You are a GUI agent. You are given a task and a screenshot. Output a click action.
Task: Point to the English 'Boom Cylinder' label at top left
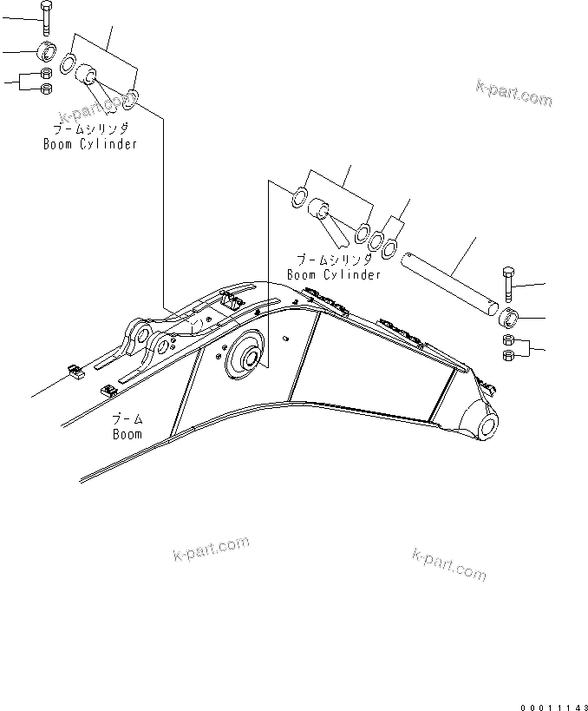pyautogui.click(x=90, y=144)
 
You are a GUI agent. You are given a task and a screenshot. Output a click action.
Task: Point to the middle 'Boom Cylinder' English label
pyautogui.click(x=334, y=274)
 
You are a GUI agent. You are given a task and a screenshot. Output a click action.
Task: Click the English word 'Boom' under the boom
pyautogui.click(x=127, y=433)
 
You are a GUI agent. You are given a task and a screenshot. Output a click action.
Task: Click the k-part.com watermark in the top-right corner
pyautogui.click(x=513, y=93)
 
